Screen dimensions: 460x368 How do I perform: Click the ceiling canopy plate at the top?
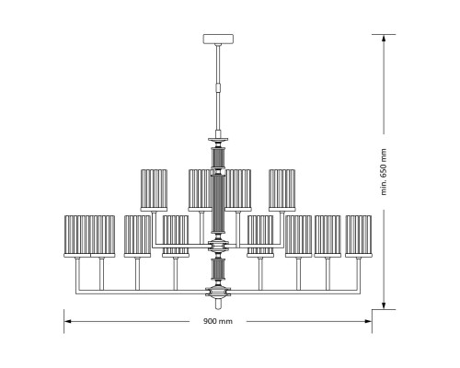point(218,39)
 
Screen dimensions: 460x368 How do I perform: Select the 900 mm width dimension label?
point(218,321)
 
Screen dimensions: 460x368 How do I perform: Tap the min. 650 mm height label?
point(384,172)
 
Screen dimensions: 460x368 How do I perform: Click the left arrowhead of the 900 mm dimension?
point(68,321)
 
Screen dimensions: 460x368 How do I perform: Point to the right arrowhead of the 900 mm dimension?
point(368,321)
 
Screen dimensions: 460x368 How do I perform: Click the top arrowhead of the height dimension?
point(384,38)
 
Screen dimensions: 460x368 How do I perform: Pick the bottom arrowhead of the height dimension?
point(384,305)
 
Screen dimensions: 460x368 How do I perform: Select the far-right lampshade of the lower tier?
point(359,236)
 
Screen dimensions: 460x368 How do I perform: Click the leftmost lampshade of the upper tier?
point(154,190)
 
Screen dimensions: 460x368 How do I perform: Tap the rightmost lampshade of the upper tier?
point(282,190)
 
